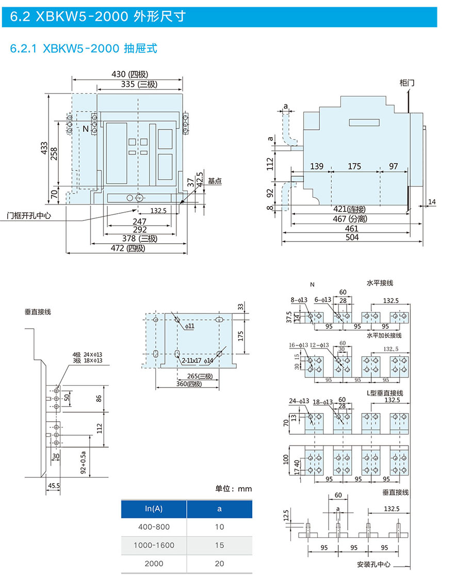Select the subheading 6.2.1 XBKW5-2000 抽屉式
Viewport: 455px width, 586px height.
[x=84, y=49]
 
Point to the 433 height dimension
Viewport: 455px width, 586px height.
[x=45, y=148]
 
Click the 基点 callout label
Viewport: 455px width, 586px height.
[x=215, y=181]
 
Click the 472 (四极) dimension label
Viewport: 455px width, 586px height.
[x=127, y=248]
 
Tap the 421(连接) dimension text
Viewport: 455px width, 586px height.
[x=348, y=210]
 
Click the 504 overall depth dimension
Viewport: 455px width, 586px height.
[x=351, y=237]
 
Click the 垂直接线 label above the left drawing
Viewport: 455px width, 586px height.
[x=38, y=312]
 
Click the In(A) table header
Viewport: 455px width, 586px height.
[x=153, y=509]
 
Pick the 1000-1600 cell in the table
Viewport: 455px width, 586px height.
[x=154, y=545]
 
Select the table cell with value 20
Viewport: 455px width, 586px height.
[x=219, y=563]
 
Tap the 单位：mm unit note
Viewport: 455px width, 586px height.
[x=233, y=488]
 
